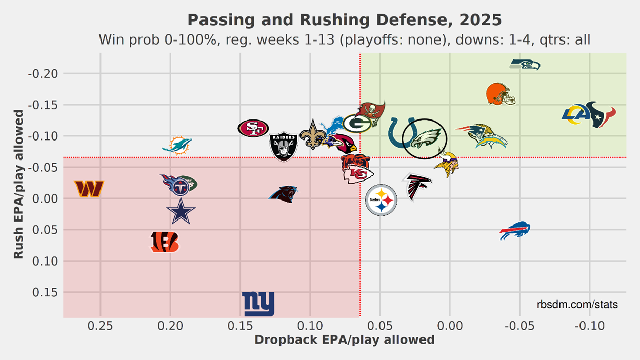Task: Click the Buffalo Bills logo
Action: (x=515, y=231)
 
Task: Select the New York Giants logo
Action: (x=258, y=304)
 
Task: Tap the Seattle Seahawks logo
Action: (x=525, y=65)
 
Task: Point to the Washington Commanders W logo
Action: (x=89, y=189)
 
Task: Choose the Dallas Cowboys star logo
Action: (x=181, y=211)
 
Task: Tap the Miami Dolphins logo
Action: (x=177, y=146)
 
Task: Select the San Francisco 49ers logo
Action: (x=253, y=128)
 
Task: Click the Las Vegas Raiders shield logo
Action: (x=284, y=146)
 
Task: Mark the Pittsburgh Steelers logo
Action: (x=381, y=200)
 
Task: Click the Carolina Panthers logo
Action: (x=283, y=194)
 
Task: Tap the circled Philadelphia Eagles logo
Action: (x=425, y=138)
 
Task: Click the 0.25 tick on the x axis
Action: (x=100, y=326)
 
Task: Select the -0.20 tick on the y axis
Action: (x=46, y=74)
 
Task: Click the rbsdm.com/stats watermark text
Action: (x=577, y=305)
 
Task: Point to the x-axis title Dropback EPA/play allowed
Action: (x=344, y=339)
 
